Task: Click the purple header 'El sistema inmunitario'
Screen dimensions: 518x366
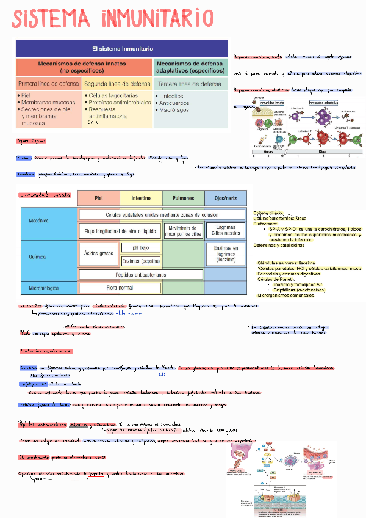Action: click(122, 48)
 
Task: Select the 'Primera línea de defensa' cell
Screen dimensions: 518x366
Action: click(48, 84)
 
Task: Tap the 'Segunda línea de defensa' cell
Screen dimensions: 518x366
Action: click(117, 84)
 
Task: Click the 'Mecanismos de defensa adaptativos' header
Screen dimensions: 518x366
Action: click(190, 67)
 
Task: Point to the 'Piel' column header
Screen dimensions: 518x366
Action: click(98, 199)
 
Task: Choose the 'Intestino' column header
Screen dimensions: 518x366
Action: click(141, 199)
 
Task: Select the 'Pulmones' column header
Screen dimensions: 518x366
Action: click(183, 199)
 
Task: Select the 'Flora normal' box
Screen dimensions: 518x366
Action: click(120, 287)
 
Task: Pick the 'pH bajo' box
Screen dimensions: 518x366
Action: click(141, 248)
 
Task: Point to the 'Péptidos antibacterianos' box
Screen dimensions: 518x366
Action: click(140, 274)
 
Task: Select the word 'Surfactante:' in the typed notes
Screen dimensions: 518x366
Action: click(266, 224)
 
